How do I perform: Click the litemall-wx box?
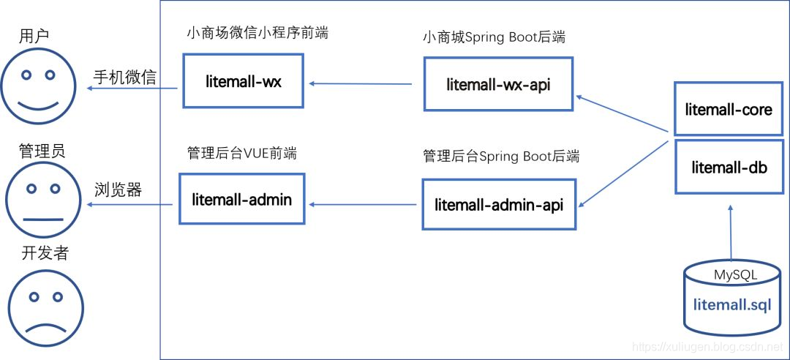coord(243,81)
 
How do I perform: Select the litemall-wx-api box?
coord(498,84)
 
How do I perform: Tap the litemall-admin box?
coord(241,198)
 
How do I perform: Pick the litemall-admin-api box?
coord(499,205)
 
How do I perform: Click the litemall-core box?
coord(729,110)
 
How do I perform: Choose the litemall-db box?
coord(729,167)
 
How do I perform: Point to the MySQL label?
coord(735,275)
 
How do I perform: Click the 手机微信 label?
coord(124,77)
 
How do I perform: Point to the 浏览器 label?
coord(118,190)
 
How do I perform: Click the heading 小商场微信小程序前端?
coord(257,33)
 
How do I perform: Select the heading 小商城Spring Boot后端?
coord(494,37)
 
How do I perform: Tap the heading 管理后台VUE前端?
coord(242,153)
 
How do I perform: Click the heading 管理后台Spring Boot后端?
coord(501,156)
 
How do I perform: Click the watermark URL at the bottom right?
coord(707,345)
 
